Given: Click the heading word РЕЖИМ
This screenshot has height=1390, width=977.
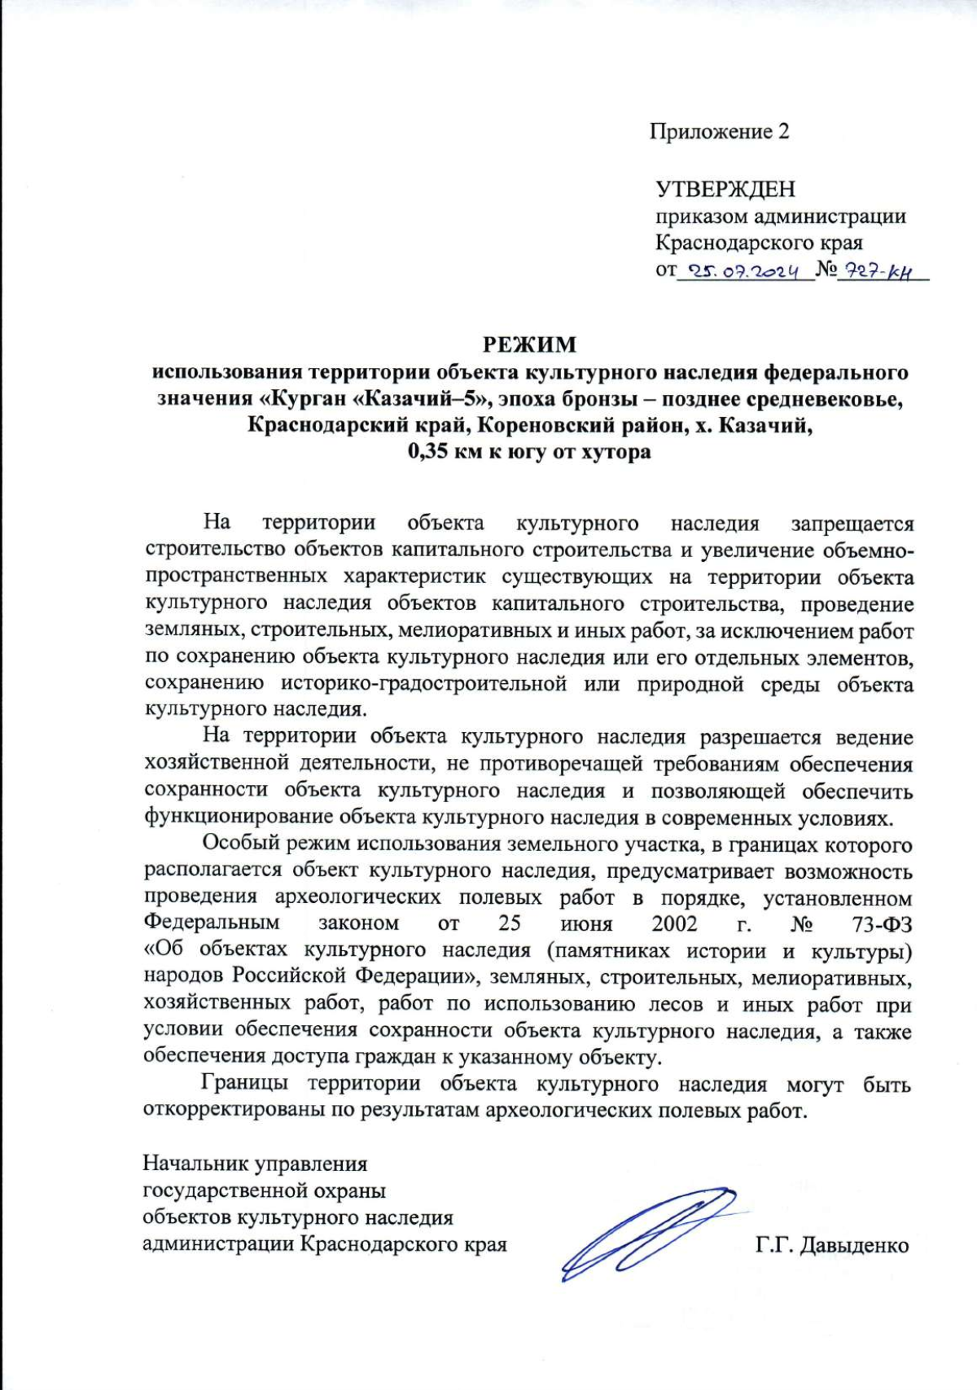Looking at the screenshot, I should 529,344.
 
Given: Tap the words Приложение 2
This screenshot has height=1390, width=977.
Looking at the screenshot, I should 719,132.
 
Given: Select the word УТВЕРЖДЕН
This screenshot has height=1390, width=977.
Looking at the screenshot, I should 725,189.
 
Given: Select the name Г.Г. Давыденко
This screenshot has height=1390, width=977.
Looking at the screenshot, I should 831,1247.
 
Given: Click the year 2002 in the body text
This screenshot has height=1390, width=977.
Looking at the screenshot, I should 674,923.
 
